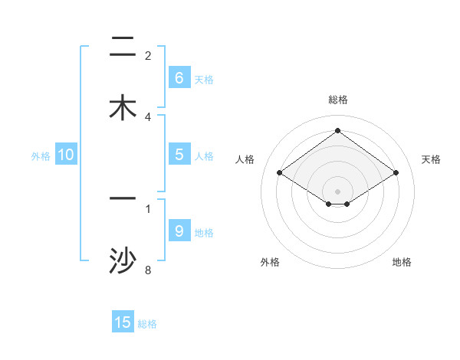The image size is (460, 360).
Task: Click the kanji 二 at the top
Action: pos(123,49)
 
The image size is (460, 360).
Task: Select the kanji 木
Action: pos(123,108)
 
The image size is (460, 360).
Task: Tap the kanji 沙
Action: pos(123,261)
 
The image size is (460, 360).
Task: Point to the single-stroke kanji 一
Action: pos(123,199)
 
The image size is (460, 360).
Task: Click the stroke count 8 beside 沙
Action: pos(148,270)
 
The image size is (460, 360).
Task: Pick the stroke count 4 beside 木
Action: pos(148,116)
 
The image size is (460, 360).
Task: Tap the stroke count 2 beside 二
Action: pos(148,56)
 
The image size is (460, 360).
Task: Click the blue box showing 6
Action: pos(179,77)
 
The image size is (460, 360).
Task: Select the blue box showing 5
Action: pos(179,155)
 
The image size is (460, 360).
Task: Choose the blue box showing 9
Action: pos(179,231)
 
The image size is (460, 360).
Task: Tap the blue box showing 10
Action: pos(66,155)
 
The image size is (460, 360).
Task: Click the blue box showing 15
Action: pos(123,322)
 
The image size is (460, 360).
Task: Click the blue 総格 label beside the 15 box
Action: pos(147,324)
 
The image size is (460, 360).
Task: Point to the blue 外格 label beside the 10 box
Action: pos(41,156)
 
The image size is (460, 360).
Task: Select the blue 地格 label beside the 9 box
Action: pos(204,232)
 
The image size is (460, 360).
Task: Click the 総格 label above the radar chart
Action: pos(338,100)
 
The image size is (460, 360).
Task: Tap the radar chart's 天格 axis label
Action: pos(431,159)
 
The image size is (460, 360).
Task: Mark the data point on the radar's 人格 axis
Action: pos(280,173)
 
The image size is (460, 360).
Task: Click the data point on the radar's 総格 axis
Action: pos(337,130)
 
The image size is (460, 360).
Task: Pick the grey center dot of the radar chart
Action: pos(337,191)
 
